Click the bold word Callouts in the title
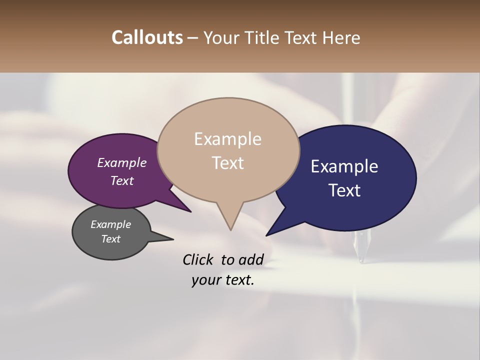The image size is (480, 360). [147, 37]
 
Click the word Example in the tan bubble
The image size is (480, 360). [227, 139]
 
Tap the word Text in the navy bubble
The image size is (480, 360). [345, 190]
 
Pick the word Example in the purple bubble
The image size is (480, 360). [121, 162]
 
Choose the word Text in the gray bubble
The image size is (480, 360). [111, 239]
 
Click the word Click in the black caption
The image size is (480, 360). [198, 259]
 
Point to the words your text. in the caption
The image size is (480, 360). [223, 280]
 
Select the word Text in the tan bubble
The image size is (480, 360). [227, 163]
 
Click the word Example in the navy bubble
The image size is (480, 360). [344, 166]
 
